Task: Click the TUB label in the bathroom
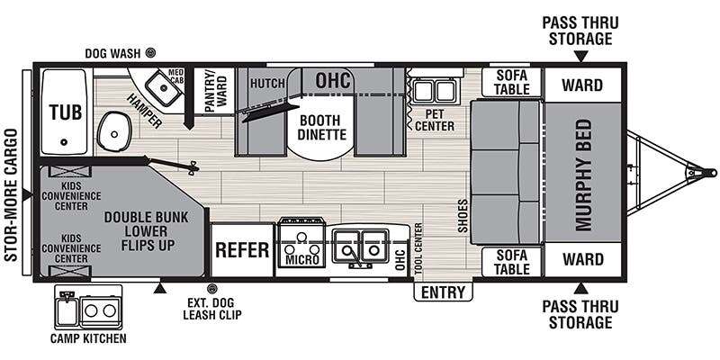pyautogui.click(x=66, y=112)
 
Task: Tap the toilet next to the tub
pyautogui.click(x=113, y=131)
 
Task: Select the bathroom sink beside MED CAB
pyautogui.click(x=162, y=86)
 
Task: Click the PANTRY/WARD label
pyautogui.click(x=214, y=91)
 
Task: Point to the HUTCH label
pyautogui.click(x=267, y=84)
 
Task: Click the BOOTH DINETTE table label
pyautogui.click(x=320, y=128)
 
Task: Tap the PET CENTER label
pyautogui.click(x=435, y=120)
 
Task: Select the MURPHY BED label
pyautogui.click(x=584, y=175)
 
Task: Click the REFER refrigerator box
pyautogui.click(x=242, y=250)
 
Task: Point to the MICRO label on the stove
pyautogui.click(x=302, y=260)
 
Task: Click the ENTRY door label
pyautogui.click(x=443, y=292)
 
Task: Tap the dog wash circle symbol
pyautogui.click(x=150, y=53)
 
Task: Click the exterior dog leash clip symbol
pyautogui.click(x=211, y=289)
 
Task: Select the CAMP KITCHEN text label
pyautogui.click(x=88, y=339)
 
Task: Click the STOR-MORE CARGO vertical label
pyautogui.click(x=11, y=195)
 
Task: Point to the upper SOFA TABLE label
pyautogui.click(x=512, y=82)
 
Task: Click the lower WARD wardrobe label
pyautogui.click(x=582, y=259)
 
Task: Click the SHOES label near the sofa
pyautogui.click(x=463, y=215)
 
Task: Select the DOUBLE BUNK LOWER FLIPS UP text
pyautogui.click(x=146, y=231)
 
